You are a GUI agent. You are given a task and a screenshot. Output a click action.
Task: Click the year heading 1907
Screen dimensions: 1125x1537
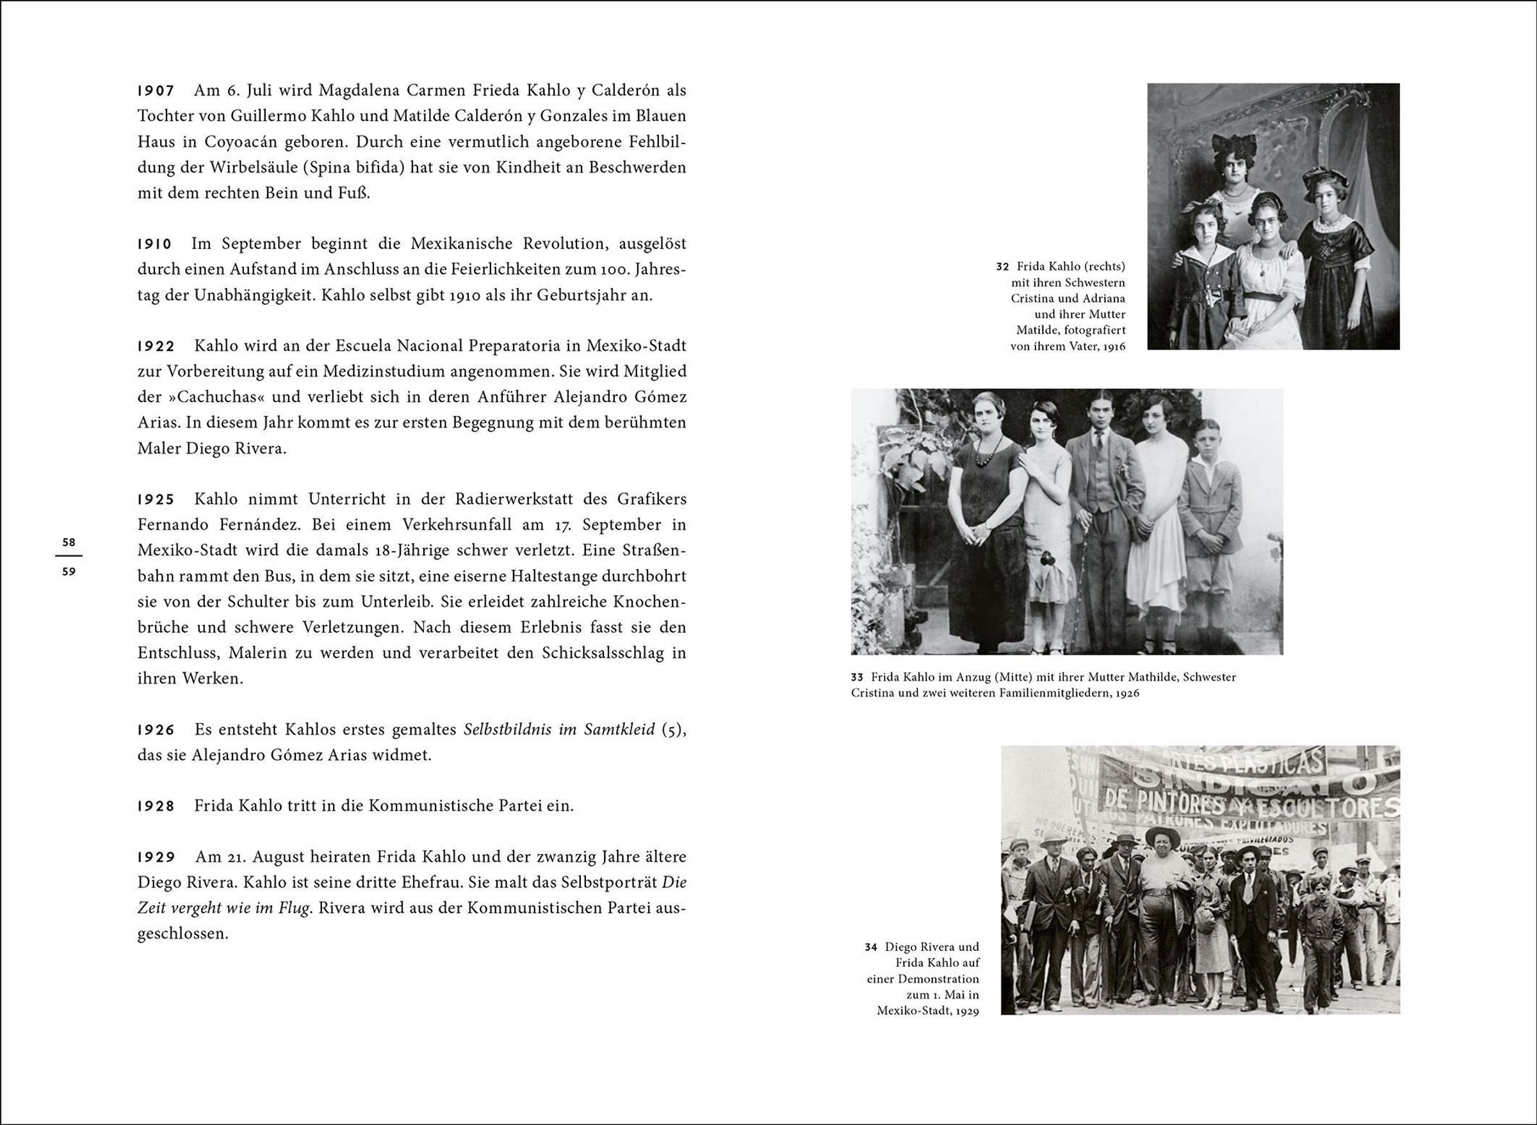coord(156,90)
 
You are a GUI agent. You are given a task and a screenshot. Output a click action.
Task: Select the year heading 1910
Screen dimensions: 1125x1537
coord(155,244)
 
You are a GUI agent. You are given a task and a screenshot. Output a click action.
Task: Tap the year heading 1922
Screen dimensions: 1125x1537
coord(156,346)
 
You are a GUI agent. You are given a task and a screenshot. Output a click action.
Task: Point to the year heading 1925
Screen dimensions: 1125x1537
coord(156,499)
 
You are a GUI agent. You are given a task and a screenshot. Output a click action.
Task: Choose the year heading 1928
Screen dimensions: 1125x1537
coord(156,806)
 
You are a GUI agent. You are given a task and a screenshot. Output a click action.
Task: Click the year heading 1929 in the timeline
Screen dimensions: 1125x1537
coord(156,857)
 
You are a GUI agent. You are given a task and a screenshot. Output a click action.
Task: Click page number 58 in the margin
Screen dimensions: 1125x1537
coord(69,543)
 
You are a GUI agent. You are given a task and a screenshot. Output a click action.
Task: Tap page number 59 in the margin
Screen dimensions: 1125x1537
coord(69,572)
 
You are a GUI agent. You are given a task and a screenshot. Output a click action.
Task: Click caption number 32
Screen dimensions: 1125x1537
coord(1002,266)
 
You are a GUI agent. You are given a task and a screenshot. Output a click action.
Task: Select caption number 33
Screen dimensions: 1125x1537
coord(857,677)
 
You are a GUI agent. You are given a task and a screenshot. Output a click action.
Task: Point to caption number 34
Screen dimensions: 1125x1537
coord(870,947)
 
